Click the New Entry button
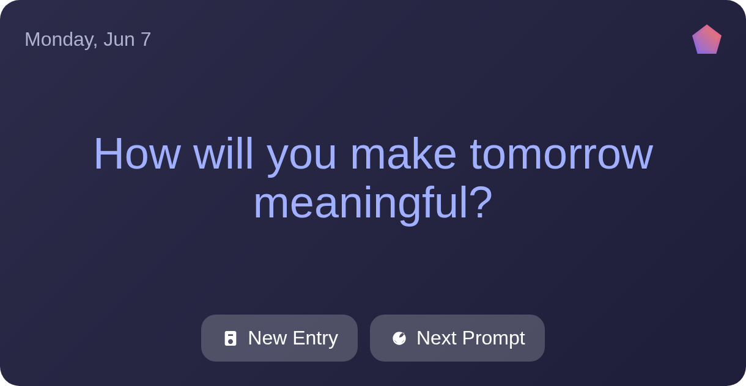pos(279,338)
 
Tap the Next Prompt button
pos(457,338)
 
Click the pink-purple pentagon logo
pos(707,40)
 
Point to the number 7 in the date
pos(146,39)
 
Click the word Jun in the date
pos(119,39)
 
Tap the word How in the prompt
pos(138,154)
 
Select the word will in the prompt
pos(223,154)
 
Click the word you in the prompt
pos(301,159)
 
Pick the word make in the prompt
pos(404,154)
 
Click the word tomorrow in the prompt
pos(561,155)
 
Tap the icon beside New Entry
pos(230,338)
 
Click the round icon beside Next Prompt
pos(399,338)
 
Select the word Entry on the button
pos(316,338)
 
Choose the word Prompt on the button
pos(493,338)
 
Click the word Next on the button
pos(436,338)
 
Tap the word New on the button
pos(267,338)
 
